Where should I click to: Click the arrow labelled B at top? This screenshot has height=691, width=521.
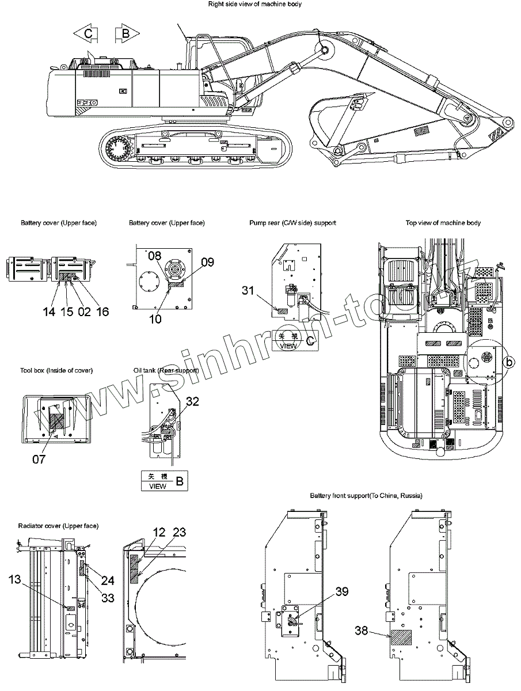pos(126,34)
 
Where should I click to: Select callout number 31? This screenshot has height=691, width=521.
pos(248,291)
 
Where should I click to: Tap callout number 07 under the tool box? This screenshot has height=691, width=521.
pos(39,460)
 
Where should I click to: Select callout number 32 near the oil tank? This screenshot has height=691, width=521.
pos(192,401)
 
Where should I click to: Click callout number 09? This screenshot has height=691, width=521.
pos(207,262)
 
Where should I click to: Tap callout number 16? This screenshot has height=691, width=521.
pos(102,312)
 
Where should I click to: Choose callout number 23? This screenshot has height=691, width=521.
pos(179,533)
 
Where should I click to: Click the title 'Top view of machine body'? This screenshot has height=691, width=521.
pos(443,223)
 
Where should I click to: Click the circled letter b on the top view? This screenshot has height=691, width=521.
pos(508,362)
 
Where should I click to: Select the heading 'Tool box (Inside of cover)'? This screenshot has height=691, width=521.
pos(56,370)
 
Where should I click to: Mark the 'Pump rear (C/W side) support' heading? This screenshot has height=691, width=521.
pos(292,223)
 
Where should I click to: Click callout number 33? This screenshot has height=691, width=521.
pos(107,598)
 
